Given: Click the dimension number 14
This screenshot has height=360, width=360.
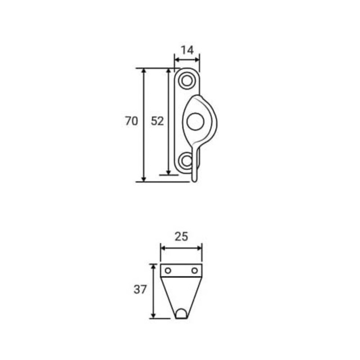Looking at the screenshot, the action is pyautogui.click(x=187, y=50).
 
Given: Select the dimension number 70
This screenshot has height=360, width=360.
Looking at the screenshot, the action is pyautogui.click(x=131, y=121).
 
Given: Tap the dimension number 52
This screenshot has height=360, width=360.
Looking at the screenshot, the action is pyautogui.click(x=157, y=121).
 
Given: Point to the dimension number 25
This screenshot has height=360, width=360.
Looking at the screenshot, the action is pyautogui.click(x=181, y=237).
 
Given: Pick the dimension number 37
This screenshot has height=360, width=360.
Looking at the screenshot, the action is pyautogui.click(x=140, y=289).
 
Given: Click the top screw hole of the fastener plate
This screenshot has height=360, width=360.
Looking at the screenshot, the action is pyautogui.click(x=187, y=81).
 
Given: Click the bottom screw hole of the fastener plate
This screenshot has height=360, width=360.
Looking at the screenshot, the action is pyautogui.click(x=186, y=161).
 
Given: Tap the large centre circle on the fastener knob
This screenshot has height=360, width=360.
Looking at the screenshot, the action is pyautogui.click(x=195, y=121).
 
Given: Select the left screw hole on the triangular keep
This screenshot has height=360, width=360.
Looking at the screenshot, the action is pyautogui.click(x=168, y=270).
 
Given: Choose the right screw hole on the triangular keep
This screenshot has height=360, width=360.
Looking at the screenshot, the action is pyautogui.click(x=194, y=270).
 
